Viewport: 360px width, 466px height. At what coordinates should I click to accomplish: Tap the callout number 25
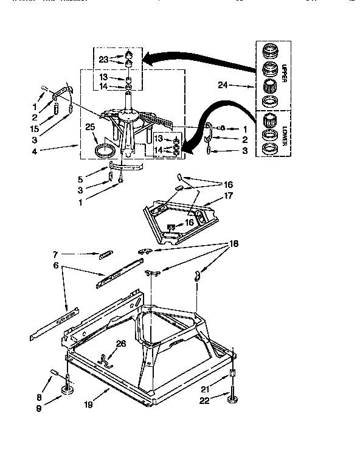[90, 127]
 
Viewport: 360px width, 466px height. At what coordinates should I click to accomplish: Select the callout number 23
[104, 58]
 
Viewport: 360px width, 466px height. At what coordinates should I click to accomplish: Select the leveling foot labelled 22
[232, 398]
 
